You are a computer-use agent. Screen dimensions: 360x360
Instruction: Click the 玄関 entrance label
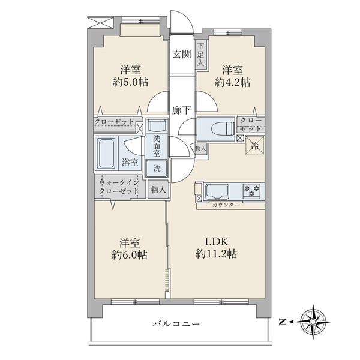click(182, 55)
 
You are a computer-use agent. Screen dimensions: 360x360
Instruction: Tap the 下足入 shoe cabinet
click(201, 55)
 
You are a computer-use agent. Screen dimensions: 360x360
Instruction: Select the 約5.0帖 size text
click(130, 82)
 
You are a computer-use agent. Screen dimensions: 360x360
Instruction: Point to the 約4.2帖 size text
click(232, 82)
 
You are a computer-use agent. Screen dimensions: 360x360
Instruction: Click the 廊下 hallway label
click(181, 110)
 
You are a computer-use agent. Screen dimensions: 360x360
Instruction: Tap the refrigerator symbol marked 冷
click(254, 145)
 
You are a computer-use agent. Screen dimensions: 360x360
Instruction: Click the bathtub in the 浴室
click(106, 153)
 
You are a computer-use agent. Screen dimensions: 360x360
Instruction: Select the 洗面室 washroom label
click(157, 146)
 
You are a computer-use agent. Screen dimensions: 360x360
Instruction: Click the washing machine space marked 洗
click(157, 169)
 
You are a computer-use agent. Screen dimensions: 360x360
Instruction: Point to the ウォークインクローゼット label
click(119, 187)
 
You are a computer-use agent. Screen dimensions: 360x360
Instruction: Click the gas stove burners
click(251, 190)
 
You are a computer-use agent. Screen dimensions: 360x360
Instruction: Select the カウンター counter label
click(226, 205)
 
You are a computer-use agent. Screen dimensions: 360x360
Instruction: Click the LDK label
click(217, 242)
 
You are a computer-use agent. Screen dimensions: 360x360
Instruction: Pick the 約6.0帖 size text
click(130, 254)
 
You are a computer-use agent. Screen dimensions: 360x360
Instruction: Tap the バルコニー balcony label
click(176, 324)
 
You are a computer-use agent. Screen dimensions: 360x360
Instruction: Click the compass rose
click(313, 322)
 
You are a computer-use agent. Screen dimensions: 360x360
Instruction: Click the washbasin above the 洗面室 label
click(157, 125)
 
